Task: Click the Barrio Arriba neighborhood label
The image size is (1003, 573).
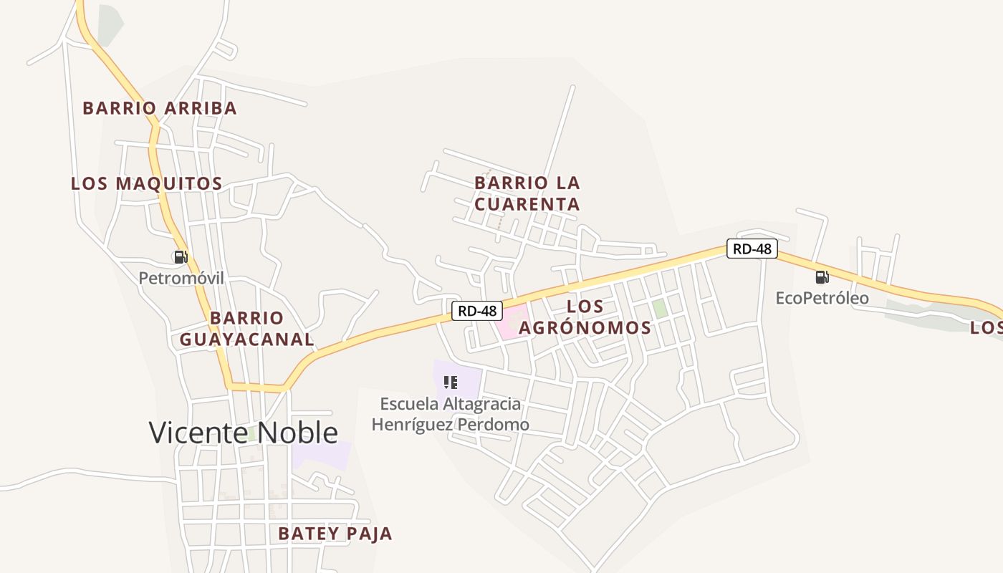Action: tap(159, 108)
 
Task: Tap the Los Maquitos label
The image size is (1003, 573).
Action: tap(146, 183)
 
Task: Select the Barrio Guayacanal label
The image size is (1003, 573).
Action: tap(246, 329)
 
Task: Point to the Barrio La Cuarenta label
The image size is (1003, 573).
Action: tap(527, 193)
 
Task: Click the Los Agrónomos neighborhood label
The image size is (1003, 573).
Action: tap(585, 317)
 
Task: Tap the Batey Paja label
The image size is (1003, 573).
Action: tap(335, 534)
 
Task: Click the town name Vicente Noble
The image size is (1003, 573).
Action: tap(243, 433)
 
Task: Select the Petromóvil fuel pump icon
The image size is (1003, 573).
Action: tap(181, 256)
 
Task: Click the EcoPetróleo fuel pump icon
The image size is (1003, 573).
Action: tap(822, 276)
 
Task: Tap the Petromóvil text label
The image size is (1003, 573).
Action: tap(181, 278)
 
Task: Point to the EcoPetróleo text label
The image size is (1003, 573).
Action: tap(822, 297)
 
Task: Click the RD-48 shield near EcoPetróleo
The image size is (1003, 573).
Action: tap(752, 249)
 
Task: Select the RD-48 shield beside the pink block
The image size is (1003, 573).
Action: tap(477, 311)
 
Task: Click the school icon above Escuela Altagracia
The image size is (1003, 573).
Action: tap(451, 382)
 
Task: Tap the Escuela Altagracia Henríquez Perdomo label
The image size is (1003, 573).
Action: tap(450, 414)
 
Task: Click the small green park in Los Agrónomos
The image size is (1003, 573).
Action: tap(659, 309)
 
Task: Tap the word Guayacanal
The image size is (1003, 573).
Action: tap(246, 340)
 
